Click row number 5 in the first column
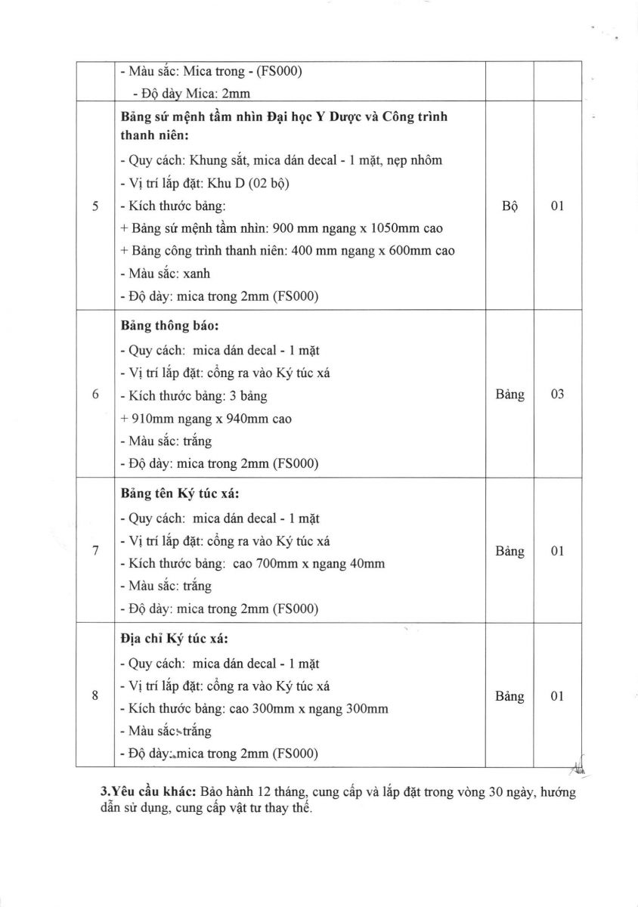pos(96,206)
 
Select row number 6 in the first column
pos(96,395)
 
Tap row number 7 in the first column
pos(96,551)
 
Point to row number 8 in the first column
pos(96,696)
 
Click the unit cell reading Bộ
pos(509,206)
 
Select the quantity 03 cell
pos(558,395)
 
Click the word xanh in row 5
pos(197,274)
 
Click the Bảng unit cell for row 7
pos(509,551)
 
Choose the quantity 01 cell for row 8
pos(558,696)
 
